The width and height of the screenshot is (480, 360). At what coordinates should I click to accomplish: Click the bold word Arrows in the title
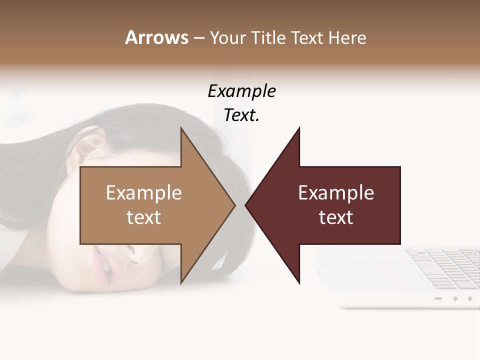156,37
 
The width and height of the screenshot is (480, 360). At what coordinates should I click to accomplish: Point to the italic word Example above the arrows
241,91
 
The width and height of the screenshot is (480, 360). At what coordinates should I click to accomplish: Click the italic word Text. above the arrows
241,115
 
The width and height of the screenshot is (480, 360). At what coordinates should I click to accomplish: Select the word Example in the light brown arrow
143,193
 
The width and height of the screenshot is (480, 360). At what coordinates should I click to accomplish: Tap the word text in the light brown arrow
143,217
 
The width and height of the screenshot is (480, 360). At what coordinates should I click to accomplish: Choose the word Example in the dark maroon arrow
336,193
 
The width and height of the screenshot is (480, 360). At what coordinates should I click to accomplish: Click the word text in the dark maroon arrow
336,217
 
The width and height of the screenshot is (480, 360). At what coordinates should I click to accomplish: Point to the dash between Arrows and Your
198,38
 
